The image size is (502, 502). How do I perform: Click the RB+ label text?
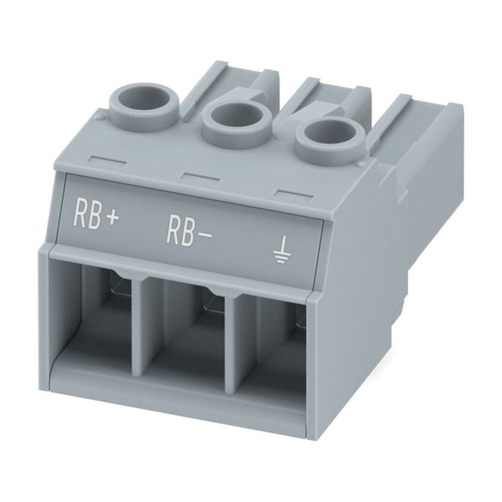tap(96, 213)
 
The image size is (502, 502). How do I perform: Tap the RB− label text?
tap(189, 232)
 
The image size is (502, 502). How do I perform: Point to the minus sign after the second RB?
tap(204, 236)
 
